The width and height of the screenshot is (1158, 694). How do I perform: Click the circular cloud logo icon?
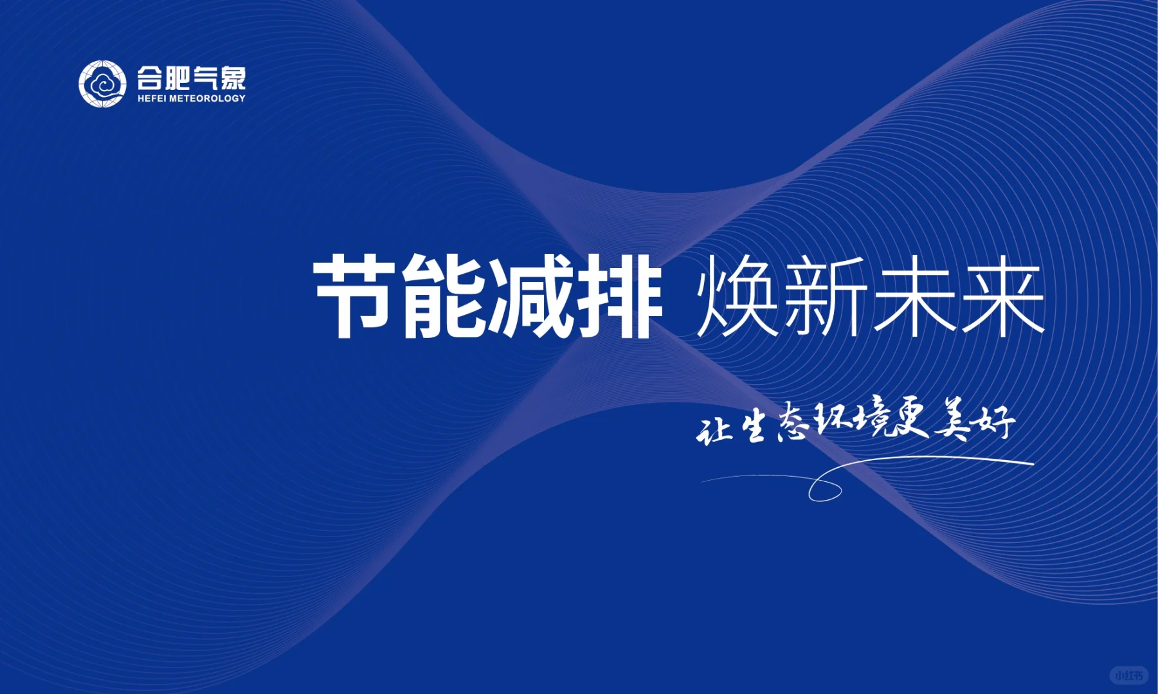[102, 84]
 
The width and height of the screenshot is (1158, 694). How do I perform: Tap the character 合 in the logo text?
[149, 78]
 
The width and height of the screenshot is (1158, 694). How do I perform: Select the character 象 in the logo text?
[232, 78]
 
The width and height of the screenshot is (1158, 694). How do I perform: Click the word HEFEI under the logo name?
[152, 98]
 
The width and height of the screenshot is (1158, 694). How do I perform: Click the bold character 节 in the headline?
[354, 296]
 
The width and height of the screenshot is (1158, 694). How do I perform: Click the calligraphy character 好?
[993, 421]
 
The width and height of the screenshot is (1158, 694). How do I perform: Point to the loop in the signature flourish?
[825, 490]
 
